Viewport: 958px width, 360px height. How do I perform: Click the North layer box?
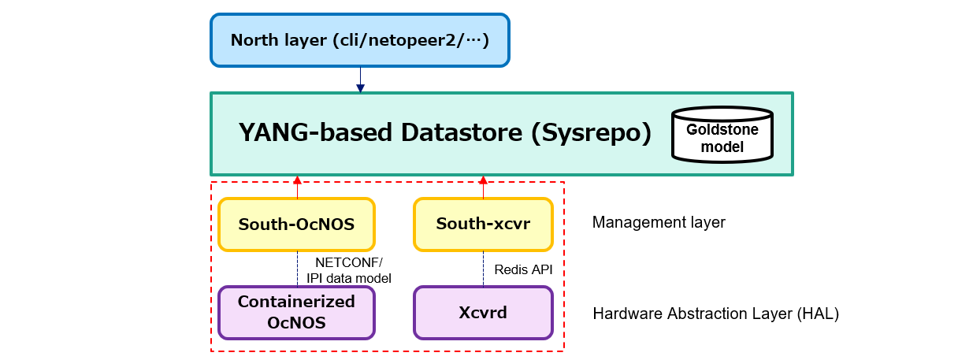(x=360, y=39)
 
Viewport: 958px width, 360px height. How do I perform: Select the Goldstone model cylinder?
(x=722, y=135)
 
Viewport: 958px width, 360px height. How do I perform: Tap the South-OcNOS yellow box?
(x=296, y=225)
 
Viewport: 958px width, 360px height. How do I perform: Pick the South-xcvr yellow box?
(x=483, y=225)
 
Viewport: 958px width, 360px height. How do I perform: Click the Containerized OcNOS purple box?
(x=296, y=313)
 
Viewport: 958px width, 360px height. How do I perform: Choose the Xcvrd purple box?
(x=483, y=313)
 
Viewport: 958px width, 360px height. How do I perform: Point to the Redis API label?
(x=523, y=269)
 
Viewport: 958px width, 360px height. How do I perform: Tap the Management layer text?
(x=659, y=223)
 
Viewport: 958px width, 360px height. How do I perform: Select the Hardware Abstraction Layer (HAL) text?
(x=715, y=314)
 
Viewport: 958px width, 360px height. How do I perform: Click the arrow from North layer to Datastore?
(x=360, y=80)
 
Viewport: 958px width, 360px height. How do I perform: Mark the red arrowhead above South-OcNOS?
(x=297, y=180)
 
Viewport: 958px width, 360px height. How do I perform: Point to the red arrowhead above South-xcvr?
(x=483, y=180)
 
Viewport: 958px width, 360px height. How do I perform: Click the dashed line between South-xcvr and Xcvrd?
(x=483, y=269)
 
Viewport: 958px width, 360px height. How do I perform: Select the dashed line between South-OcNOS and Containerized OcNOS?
(x=297, y=269)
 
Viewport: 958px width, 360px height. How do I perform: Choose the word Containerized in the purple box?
(x=296, y=302)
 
